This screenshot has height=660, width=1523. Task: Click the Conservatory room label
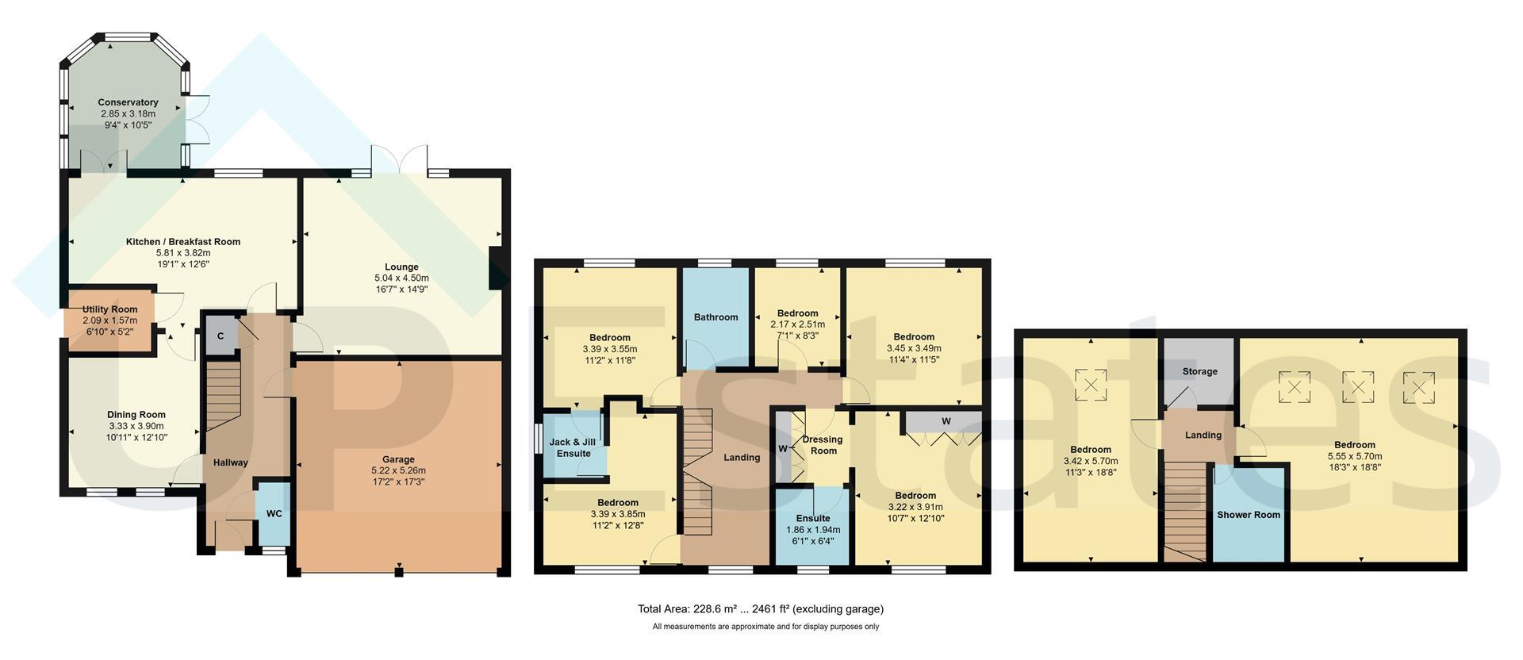coord(128,102)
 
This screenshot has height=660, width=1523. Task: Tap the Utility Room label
coord(109,309)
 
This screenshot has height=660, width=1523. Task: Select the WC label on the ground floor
coord(274,514)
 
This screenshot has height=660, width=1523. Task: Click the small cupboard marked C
coord(221,336)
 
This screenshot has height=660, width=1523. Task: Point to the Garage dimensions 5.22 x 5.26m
coord(398,470)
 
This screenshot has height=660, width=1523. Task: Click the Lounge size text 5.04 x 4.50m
coord(401,278)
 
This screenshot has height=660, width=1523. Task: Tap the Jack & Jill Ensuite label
coord(574,448)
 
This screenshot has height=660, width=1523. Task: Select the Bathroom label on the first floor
coord(715,317)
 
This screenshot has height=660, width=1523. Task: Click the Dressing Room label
coord(823,445)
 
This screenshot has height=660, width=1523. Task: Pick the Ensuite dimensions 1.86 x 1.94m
coord(813,530)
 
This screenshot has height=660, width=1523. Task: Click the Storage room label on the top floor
coord(1199,371)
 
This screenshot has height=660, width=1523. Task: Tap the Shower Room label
coord(1249,515)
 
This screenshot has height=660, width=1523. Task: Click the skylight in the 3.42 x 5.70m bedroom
coord(1091,386)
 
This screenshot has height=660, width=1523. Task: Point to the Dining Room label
coord(136,415)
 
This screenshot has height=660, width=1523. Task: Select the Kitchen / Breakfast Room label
coord(183,242)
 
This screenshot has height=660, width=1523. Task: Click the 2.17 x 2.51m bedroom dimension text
coord(798,324)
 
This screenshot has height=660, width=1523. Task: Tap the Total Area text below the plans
coord(761,609)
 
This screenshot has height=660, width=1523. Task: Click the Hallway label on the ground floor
coord(231,462)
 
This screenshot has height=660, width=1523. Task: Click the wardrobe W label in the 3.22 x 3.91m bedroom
coord(946,421)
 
